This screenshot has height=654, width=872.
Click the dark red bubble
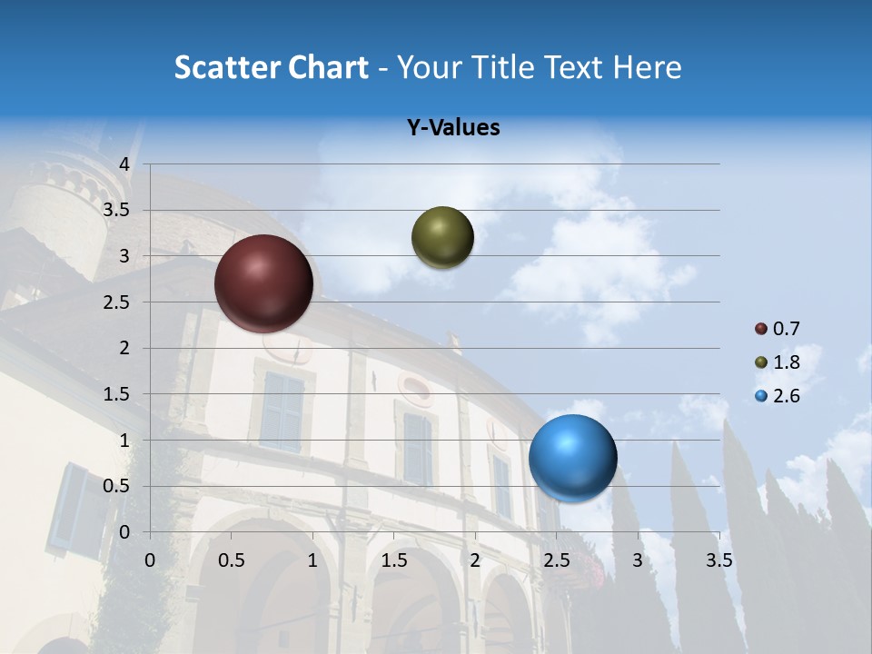tap(263, 283)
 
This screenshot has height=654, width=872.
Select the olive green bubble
tap(442, 237)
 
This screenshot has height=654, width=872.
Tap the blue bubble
tap(572, 458)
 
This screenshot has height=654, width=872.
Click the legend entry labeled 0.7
tap(778, 329)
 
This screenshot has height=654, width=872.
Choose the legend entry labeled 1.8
tap(778, 362)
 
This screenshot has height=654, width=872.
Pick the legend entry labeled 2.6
tap(778, 396)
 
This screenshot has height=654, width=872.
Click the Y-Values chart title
tap(453, 128)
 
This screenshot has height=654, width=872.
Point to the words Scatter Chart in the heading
tap(271, 67)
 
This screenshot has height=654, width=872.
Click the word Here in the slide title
tap(646, 67)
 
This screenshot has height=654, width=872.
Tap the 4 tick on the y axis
tap(124, 164)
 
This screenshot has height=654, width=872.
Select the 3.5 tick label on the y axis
tap(117, 211)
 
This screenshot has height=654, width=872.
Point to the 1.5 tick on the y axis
tap(117, 394)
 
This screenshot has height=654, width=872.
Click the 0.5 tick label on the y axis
tap(117, 486)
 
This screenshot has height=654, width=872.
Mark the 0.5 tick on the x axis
tap(232, 560)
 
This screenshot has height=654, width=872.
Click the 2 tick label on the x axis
tap(475, 560)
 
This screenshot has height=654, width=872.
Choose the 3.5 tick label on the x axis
tap(718, 560)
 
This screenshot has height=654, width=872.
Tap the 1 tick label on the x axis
tap(312, 560)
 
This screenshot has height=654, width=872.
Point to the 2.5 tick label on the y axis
tap(117, 302)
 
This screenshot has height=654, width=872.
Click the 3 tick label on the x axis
tap(638, 560)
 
